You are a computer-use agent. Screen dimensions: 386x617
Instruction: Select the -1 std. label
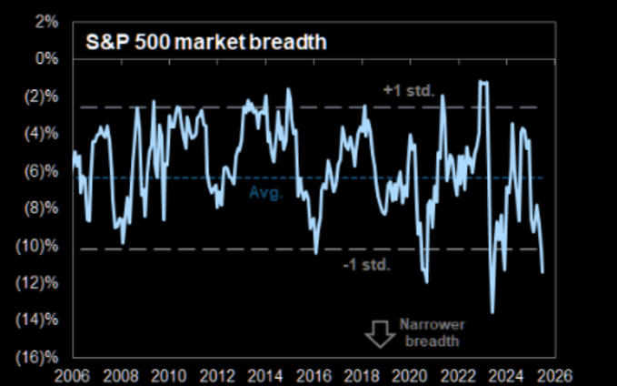pyautogui.click(x=367, y=265)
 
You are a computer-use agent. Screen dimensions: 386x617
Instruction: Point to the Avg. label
pyautogui.click(x=265, y=192)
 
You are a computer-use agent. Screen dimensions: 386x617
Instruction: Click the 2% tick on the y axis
pyautogui.click(x=46, y=20)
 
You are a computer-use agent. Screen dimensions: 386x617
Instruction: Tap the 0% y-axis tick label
pyautogui.click(x=46, y=58)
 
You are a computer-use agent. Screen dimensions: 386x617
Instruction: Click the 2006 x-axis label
pyautogui.click(x=72, y=374)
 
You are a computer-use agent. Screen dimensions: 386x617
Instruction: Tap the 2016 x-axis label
pyautogui.click(x=315, y=374)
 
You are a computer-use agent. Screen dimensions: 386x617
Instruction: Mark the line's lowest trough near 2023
pyautogui.click(x=493, y=313)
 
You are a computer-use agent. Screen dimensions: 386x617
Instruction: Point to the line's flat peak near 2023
pyautogui.click(x=483, y=83)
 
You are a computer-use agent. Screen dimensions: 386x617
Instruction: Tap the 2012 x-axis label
pyautogui.click(x=218, y=374)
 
